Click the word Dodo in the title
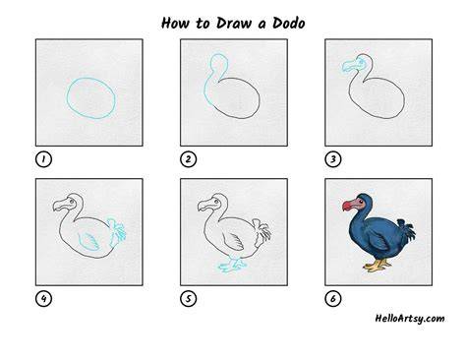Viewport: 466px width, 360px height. click(289, 24)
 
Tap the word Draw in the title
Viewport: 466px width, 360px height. click(234, 24)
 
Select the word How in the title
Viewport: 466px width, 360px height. click(176, 24)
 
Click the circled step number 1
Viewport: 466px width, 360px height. click(43, 159)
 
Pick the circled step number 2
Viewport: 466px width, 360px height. click(188, 159)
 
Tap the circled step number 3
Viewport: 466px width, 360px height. click(333, 159)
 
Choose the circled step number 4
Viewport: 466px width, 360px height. click(43, 299)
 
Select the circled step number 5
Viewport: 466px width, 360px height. click(188, 299)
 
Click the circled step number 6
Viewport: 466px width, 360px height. click(333, 299)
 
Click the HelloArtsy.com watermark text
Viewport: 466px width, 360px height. click(410, 319)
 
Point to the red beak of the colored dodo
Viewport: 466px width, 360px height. click(349, 206)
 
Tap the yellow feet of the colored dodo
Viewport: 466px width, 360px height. click(377, 265)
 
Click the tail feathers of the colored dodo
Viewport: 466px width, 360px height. click(407, 230)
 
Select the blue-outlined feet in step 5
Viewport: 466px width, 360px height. click(232, 265)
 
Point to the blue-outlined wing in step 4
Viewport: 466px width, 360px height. click(88, 242)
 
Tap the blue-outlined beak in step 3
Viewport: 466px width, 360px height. click(351, 67)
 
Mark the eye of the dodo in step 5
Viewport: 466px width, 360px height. click(216, 201)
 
